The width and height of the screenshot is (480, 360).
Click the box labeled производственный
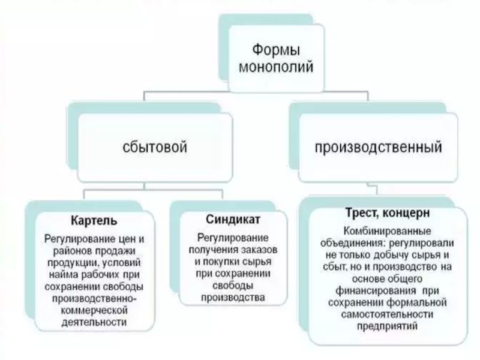point(379,146)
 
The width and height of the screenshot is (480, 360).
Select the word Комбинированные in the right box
point(386,232)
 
